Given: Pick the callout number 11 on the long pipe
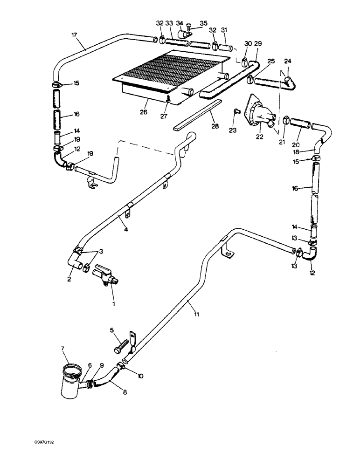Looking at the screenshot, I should pos(197,315).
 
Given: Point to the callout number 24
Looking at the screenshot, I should pos(287,61).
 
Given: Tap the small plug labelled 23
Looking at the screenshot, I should pos(236,111).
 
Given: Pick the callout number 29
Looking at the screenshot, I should pos(258,43).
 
